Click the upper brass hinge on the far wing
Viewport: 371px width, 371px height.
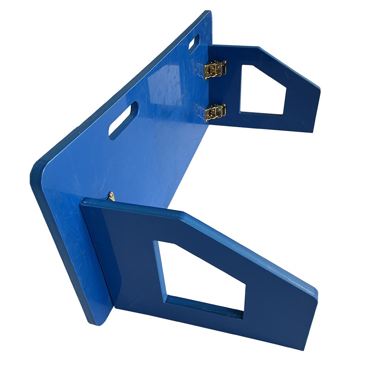tap(215, 70)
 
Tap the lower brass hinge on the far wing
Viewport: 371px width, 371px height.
tap(215, 112)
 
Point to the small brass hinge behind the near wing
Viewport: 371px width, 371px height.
tap(111, 196)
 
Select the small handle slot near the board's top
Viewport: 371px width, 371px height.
tap(194, 43)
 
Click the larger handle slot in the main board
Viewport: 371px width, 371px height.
tap(123, 120)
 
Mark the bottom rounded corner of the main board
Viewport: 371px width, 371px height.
tap(100, 320)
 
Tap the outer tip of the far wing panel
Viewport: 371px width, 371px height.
tap(319, 88)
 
